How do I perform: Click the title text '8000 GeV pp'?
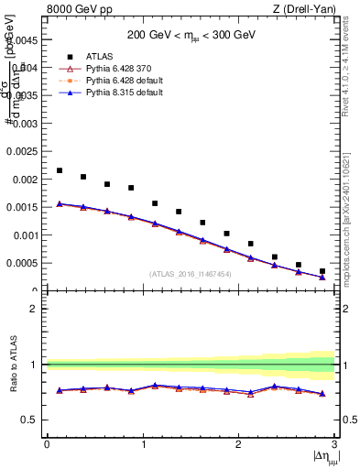click(x=73, y=10)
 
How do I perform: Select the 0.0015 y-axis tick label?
click(x=23, y=208)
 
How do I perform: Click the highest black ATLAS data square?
click(x=60, y=170)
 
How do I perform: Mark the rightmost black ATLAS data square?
click(x=322, y=271)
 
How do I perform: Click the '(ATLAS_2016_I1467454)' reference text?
click(x=191, y=274)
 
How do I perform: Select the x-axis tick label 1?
click(x=142, y=444)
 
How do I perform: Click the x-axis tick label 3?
click(x=333, y=444)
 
